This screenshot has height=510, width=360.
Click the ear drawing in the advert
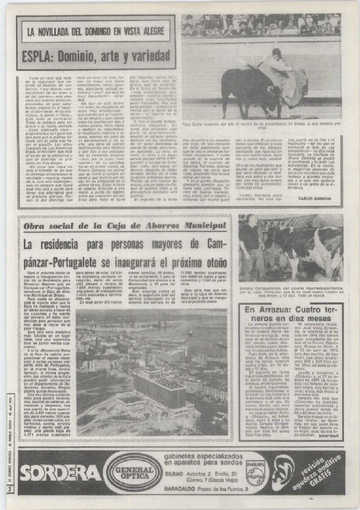tap(283, 472)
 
